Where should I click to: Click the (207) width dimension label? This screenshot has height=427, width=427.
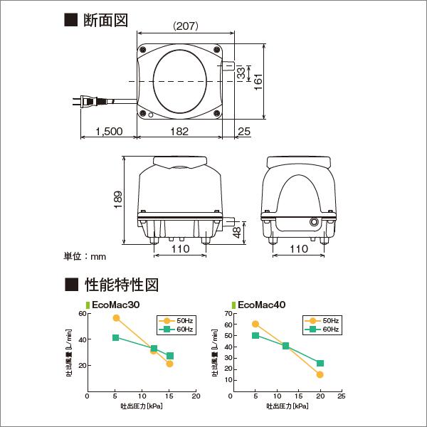pyautogui.click(x=185, y=26)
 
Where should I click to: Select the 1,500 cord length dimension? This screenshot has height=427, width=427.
pyautogui.click(x=108, y=132)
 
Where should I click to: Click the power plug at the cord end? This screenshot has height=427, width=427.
pyautogui.click(x=86, y=101)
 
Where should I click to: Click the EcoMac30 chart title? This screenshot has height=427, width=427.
pyautogui.click(x=115, y=304)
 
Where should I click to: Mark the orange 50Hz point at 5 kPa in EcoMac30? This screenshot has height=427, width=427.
pyautogui.click(x=116, y=318)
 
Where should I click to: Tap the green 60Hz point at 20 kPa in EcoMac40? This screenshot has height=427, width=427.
pyautogui.click(x=320, y=364)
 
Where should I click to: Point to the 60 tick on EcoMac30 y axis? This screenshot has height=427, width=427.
pyautogui.click(x=83, y=314)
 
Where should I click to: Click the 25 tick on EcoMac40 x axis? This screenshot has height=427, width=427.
pyautogui.click(x=342, y=397)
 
